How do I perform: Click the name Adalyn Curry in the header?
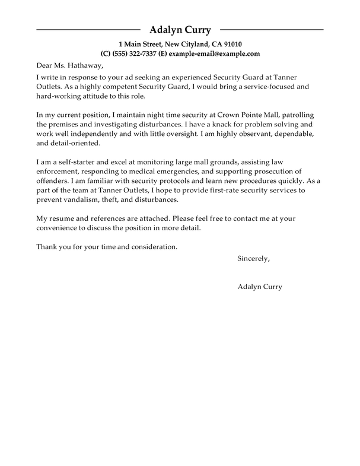coord(180,30)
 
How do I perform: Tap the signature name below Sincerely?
coord(259,286)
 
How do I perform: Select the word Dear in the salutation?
coord(46,65)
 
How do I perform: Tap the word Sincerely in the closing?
coord(253,258)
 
